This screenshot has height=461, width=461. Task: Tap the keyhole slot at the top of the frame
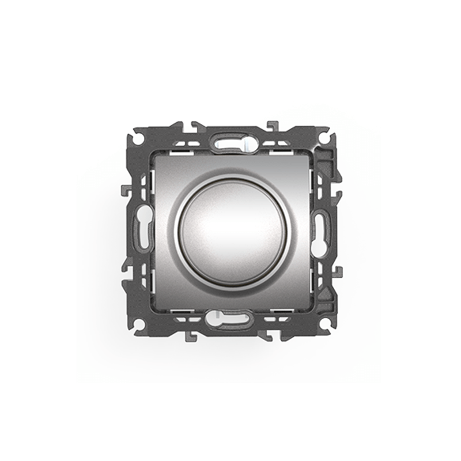231,142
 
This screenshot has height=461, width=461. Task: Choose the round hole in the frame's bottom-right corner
324,323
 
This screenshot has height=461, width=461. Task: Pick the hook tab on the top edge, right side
271,125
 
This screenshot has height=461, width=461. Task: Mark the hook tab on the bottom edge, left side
190,337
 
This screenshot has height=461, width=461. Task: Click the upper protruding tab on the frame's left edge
124,190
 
